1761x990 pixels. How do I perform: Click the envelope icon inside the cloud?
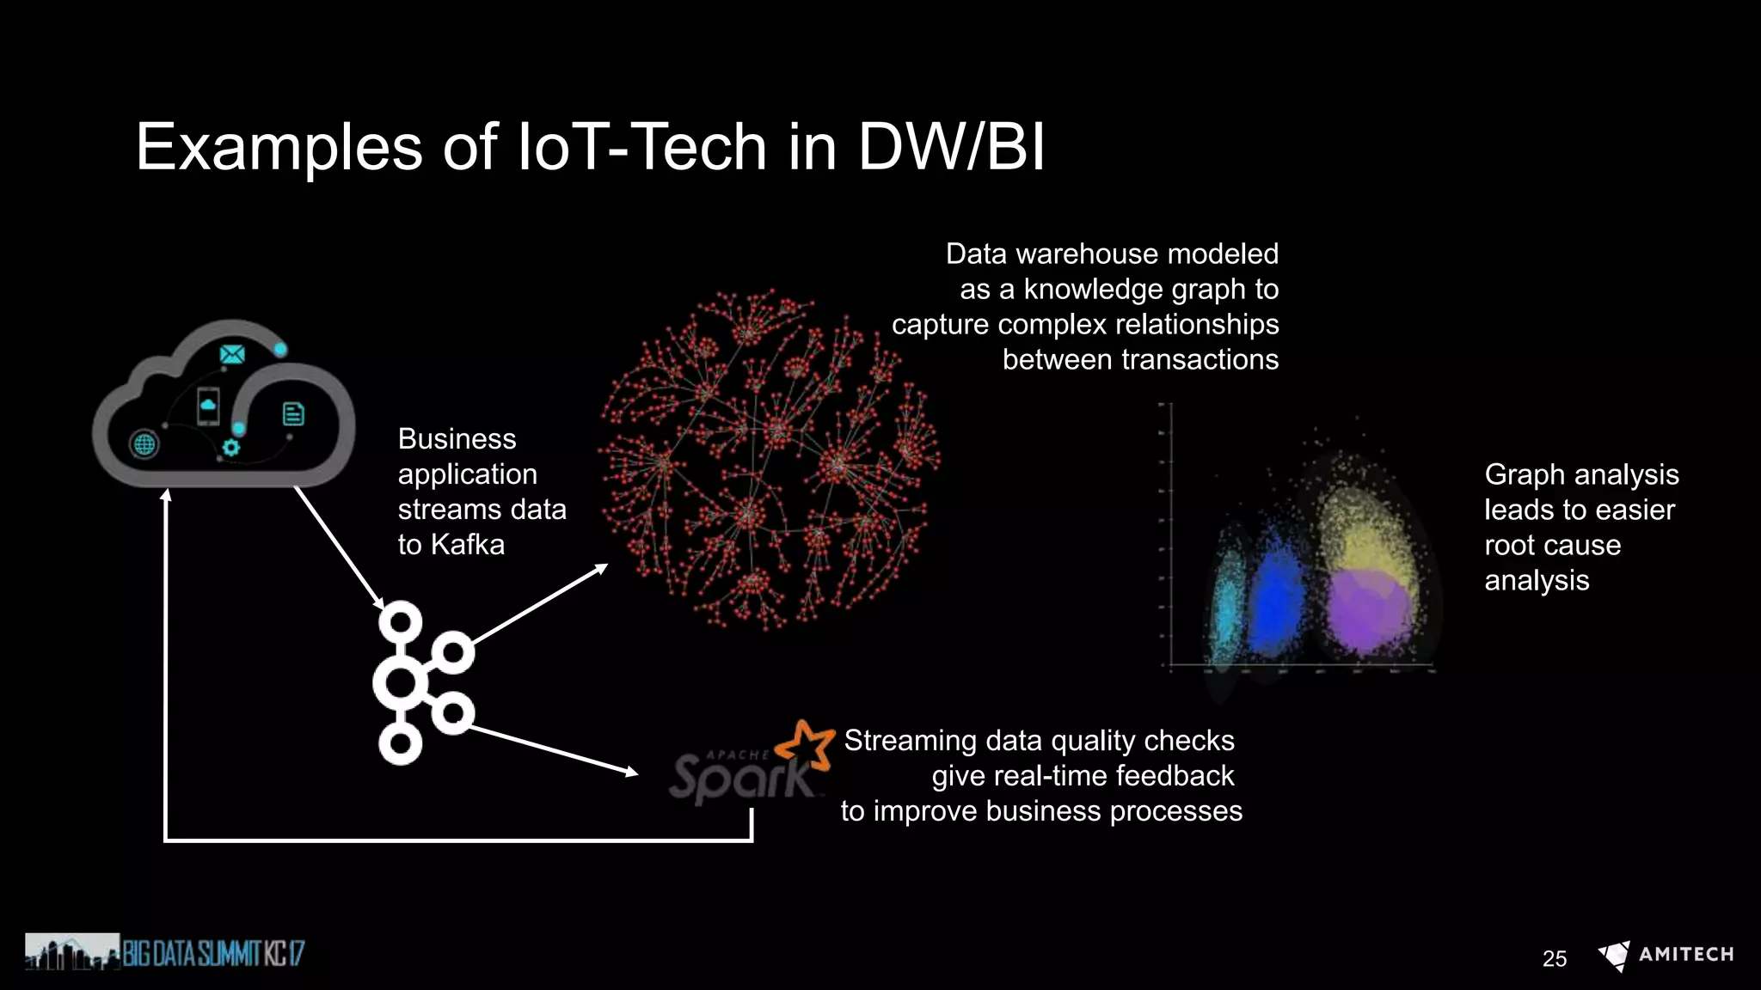[232, 354]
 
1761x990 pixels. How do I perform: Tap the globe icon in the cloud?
[144, 444]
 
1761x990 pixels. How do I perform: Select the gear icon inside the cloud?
[230, 447]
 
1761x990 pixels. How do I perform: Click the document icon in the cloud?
[293, 414]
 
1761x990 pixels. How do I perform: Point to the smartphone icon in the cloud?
[208, 406]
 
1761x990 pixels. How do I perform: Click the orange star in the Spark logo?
[807, 744]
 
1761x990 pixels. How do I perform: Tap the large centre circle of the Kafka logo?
[400, 684]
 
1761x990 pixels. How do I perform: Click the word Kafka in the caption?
[467, 545]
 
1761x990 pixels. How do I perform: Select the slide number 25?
[1554, 958]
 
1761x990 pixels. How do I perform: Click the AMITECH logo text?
[1685, 954]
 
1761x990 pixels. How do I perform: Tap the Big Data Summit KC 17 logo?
[164, 952]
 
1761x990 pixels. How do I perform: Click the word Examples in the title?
[279, 147]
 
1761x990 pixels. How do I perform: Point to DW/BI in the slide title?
[951, 147]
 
